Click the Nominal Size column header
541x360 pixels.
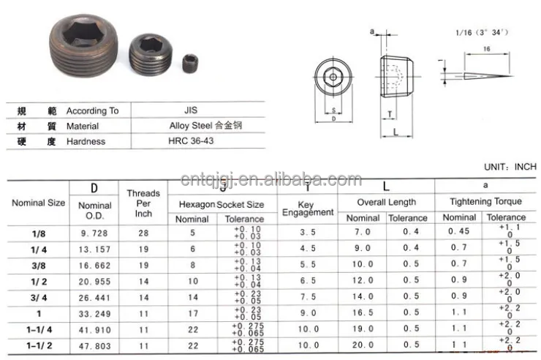point(38,203)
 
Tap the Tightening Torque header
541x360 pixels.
point(485,201)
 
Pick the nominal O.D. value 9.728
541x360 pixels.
point(95,232)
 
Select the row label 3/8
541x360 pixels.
point(38,264)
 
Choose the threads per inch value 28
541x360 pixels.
point(143,232)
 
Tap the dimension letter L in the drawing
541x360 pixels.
point(394,132)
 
